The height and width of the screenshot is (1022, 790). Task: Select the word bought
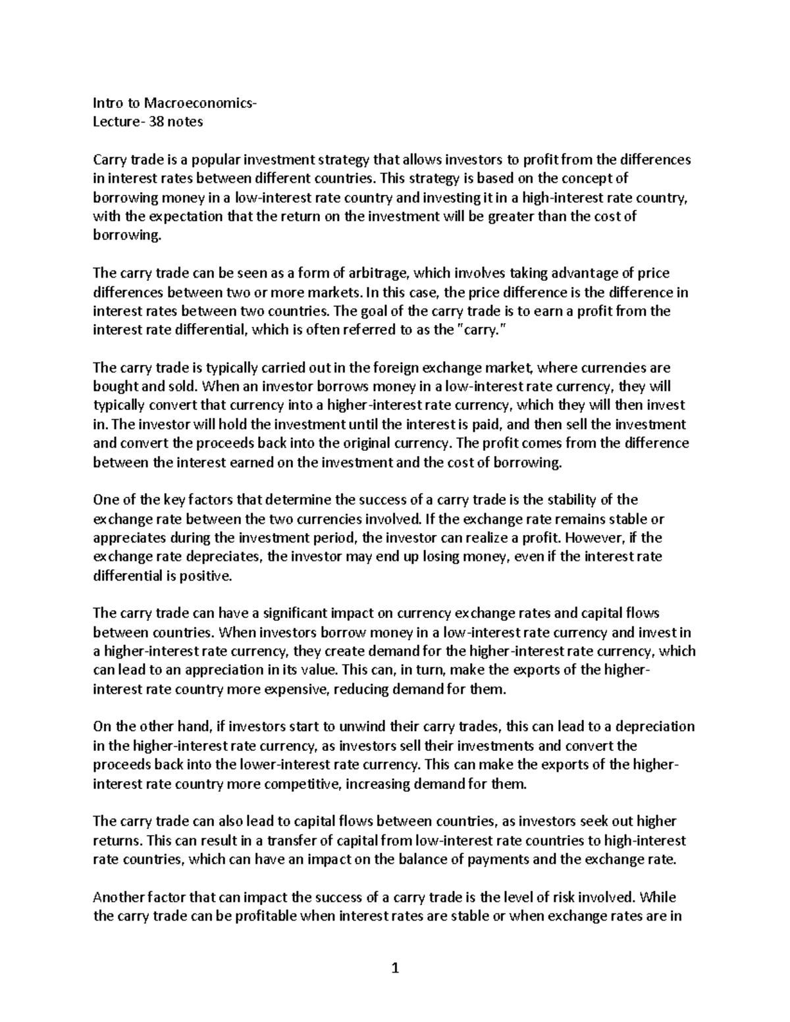tap(115, 387)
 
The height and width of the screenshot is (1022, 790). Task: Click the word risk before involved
tap(567, 898)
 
